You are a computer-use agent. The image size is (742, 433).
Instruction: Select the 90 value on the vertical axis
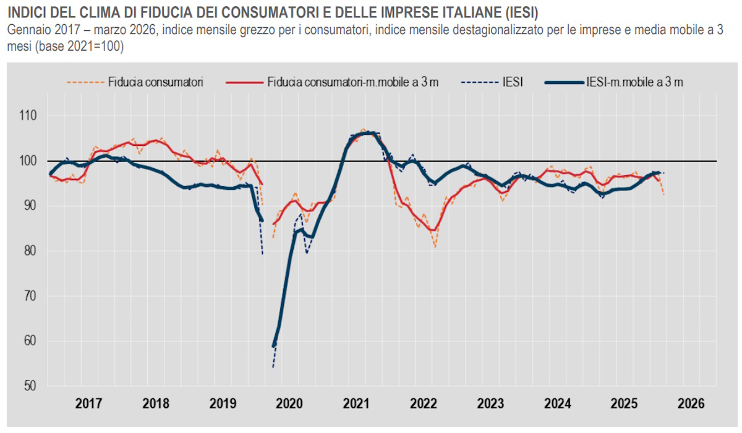pyautogui.click(x=29, y=206)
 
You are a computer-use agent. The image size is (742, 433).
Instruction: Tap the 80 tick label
pyautogui.click(x=29, y=251)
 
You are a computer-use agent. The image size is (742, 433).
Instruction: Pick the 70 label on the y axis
pyautogui.click(x=29, y=296)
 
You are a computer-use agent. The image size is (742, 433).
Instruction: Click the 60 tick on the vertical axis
pyautogui.click(x=29, y=341)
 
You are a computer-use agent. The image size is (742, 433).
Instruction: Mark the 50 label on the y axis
pyautogui.click(x=29, y=387)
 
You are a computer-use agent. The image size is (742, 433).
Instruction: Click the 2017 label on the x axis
pyautogui.click(x=89, y=404)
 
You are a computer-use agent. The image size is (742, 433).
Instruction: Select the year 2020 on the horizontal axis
pyautogui.click(x=290, y=404)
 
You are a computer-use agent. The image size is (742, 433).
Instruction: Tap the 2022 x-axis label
pyautogui.click(x=424, y=404)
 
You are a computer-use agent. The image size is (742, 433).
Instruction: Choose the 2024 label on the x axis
pyautogui.click(x=558, y=404)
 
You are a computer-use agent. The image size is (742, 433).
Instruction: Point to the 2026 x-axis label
pyautogui.click(x=691, y=404)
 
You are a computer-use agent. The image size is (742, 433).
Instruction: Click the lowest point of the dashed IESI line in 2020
pyautogui.click(x=273, y=367)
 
